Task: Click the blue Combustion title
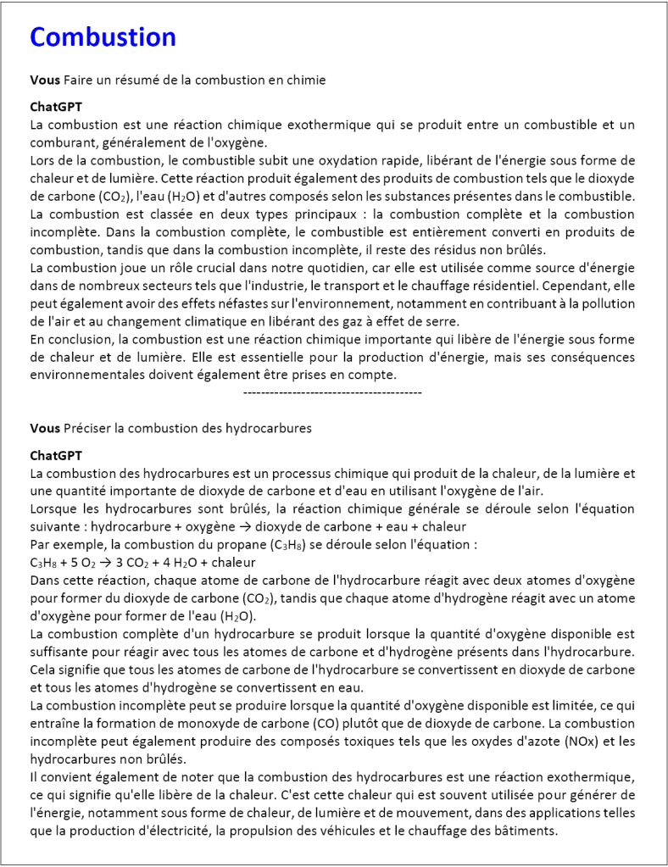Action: [x=103, y=37]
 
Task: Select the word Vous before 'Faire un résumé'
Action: [x=44, y=80]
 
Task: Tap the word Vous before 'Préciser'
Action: [x=44, y=428]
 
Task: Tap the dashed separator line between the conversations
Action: [x=332, y=392]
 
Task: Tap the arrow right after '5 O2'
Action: [x=105, y=562]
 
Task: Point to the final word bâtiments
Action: [x=527, y=831]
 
